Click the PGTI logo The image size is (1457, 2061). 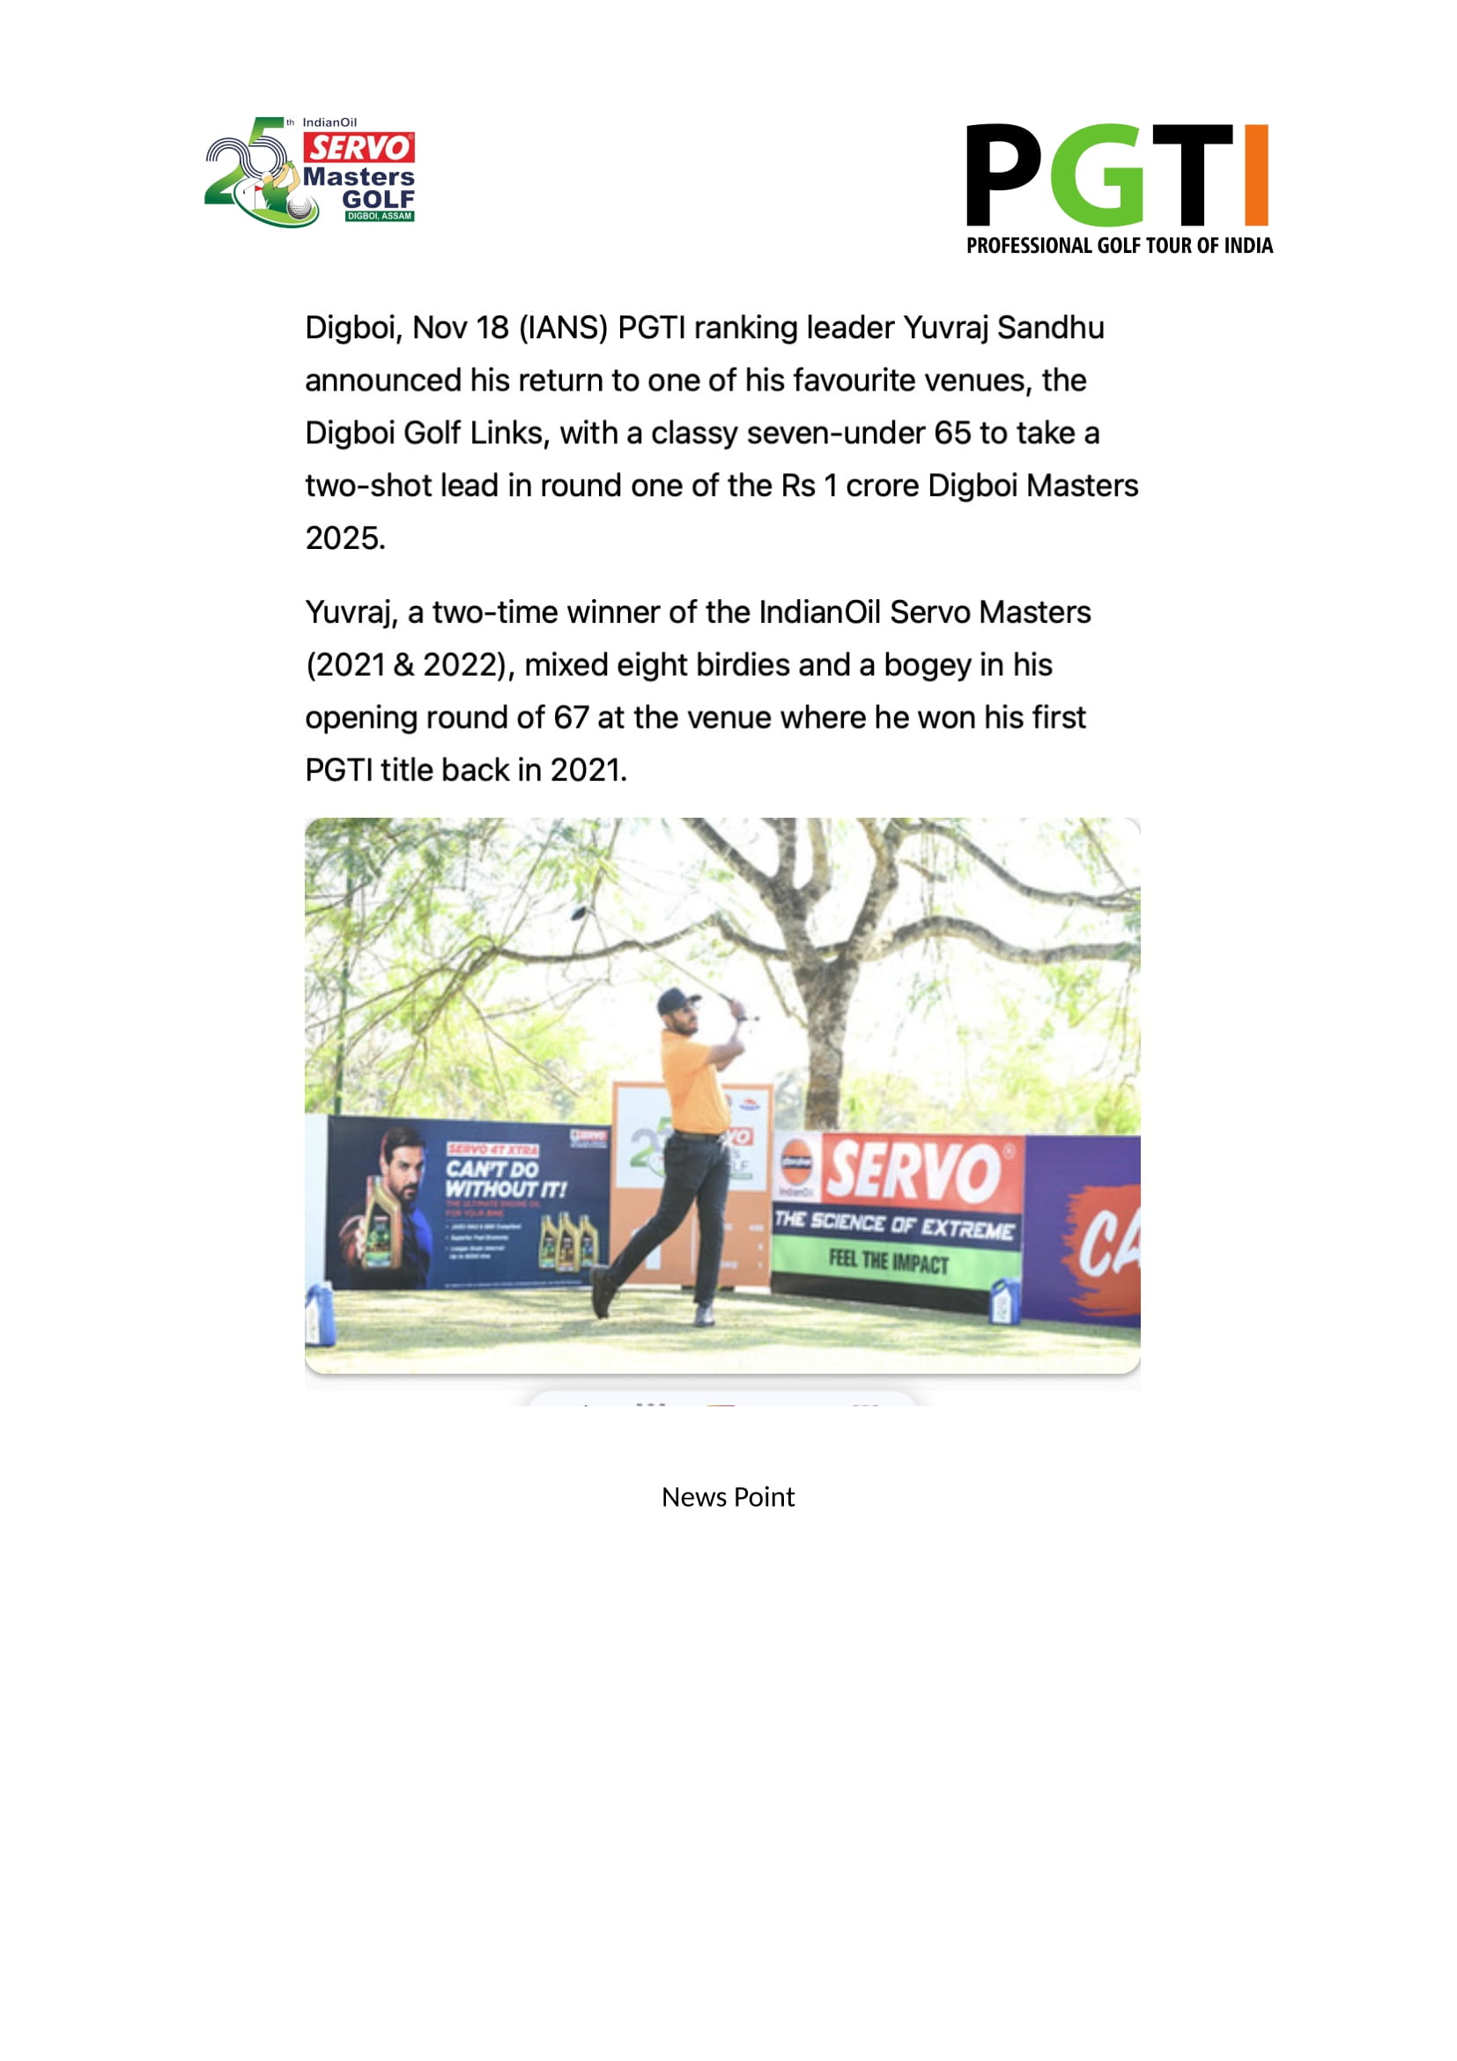pos(1118,188)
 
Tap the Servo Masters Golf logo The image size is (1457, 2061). pos(310,172)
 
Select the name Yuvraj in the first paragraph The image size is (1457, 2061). pos(944,329)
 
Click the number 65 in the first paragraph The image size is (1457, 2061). pos(952,434)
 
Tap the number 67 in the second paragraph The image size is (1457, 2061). pos(571,718)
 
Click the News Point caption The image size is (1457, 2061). pos(728,1496)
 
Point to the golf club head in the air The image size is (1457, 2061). pos(579,913)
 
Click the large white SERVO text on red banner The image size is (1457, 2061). pos(913,1170)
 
